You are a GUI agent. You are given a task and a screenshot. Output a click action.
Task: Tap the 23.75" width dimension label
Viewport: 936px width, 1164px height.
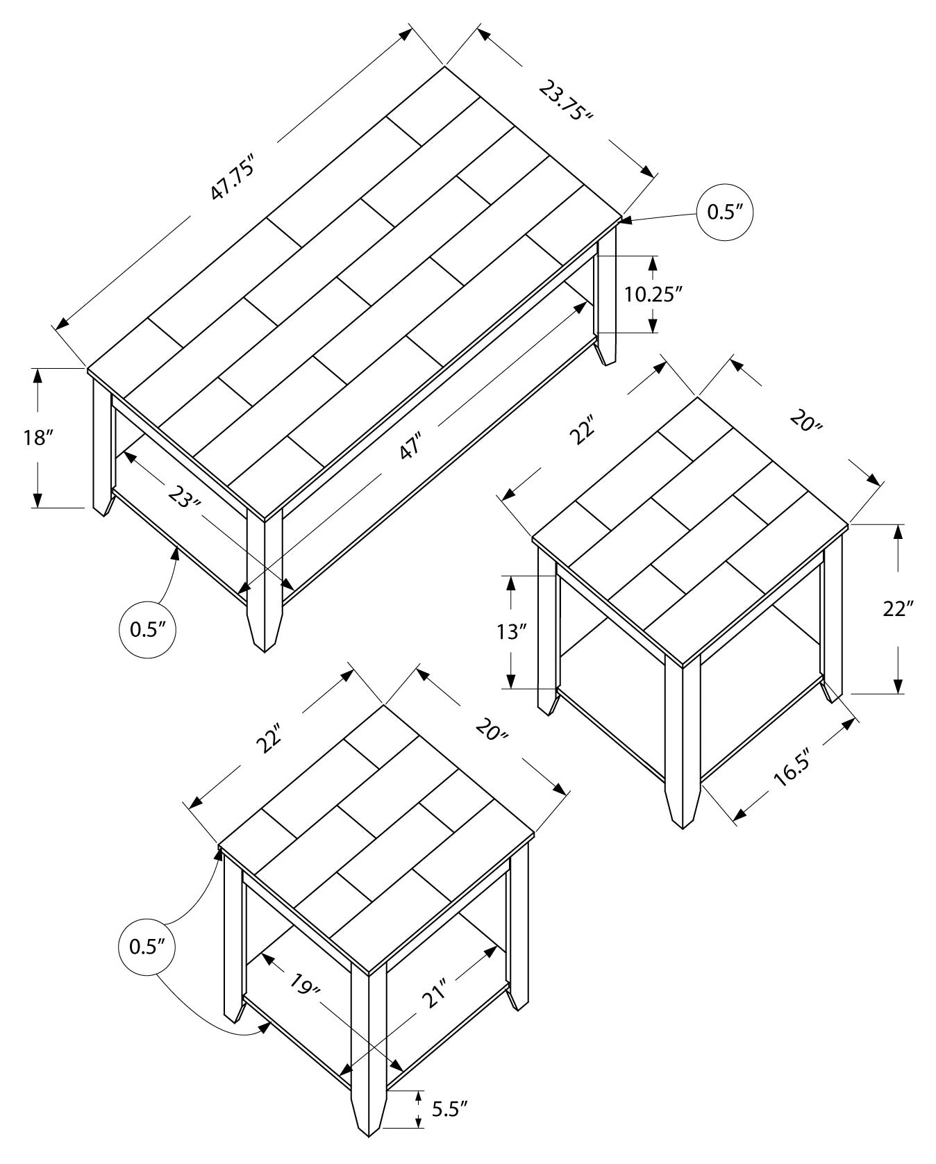coord(566,101)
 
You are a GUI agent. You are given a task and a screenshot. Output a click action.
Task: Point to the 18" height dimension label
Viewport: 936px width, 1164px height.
coord(37,438)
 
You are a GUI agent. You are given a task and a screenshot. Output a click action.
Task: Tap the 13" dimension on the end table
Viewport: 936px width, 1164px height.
coord(512,631)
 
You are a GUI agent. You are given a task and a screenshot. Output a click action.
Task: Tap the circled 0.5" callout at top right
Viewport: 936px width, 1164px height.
coord(725,213)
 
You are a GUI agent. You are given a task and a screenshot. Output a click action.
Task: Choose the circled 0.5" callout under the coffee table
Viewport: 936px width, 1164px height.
coord(147,629)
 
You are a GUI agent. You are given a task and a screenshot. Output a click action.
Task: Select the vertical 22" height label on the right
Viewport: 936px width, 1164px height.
coord(898,609)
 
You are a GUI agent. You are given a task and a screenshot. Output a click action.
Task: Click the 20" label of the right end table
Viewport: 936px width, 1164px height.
coord(805,419)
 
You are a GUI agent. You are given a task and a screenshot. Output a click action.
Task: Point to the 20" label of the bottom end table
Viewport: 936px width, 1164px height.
coord(492,729)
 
